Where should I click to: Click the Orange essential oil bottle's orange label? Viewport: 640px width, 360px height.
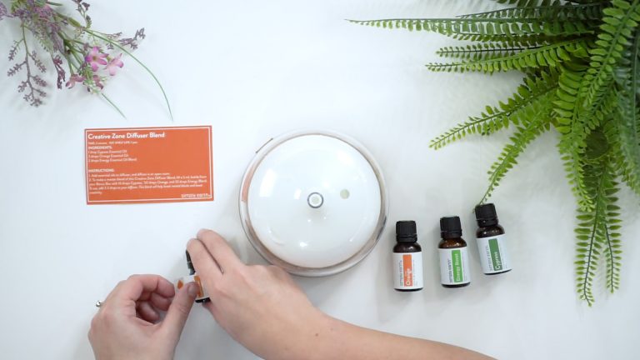[408, 270]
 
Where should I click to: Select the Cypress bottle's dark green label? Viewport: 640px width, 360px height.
[493, 255]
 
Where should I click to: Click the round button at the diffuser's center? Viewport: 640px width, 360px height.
[315, 199]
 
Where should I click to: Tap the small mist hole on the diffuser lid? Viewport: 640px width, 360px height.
[345, 193]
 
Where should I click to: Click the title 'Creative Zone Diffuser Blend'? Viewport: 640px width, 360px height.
[126, 135]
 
